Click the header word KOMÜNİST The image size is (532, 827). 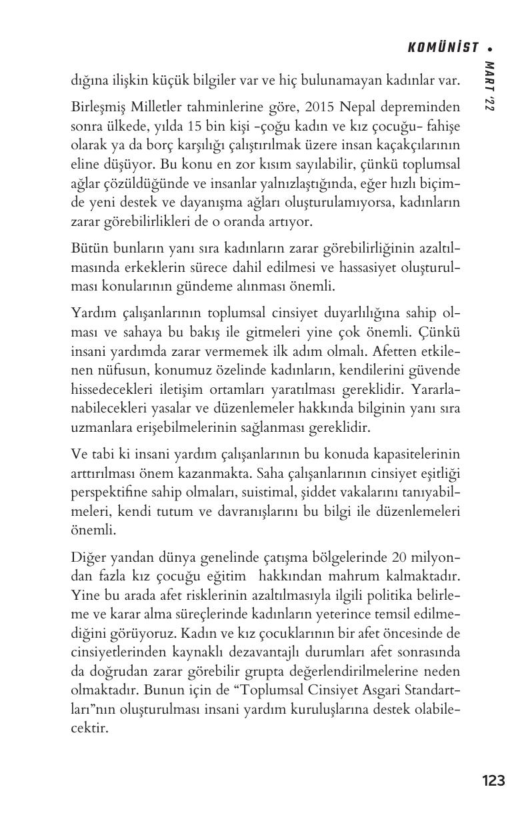443,47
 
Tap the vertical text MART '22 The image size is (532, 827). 489,87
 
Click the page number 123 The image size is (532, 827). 493,780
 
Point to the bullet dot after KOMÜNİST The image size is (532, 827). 491,48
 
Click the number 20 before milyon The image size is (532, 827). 394,556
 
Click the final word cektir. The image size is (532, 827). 89,728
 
